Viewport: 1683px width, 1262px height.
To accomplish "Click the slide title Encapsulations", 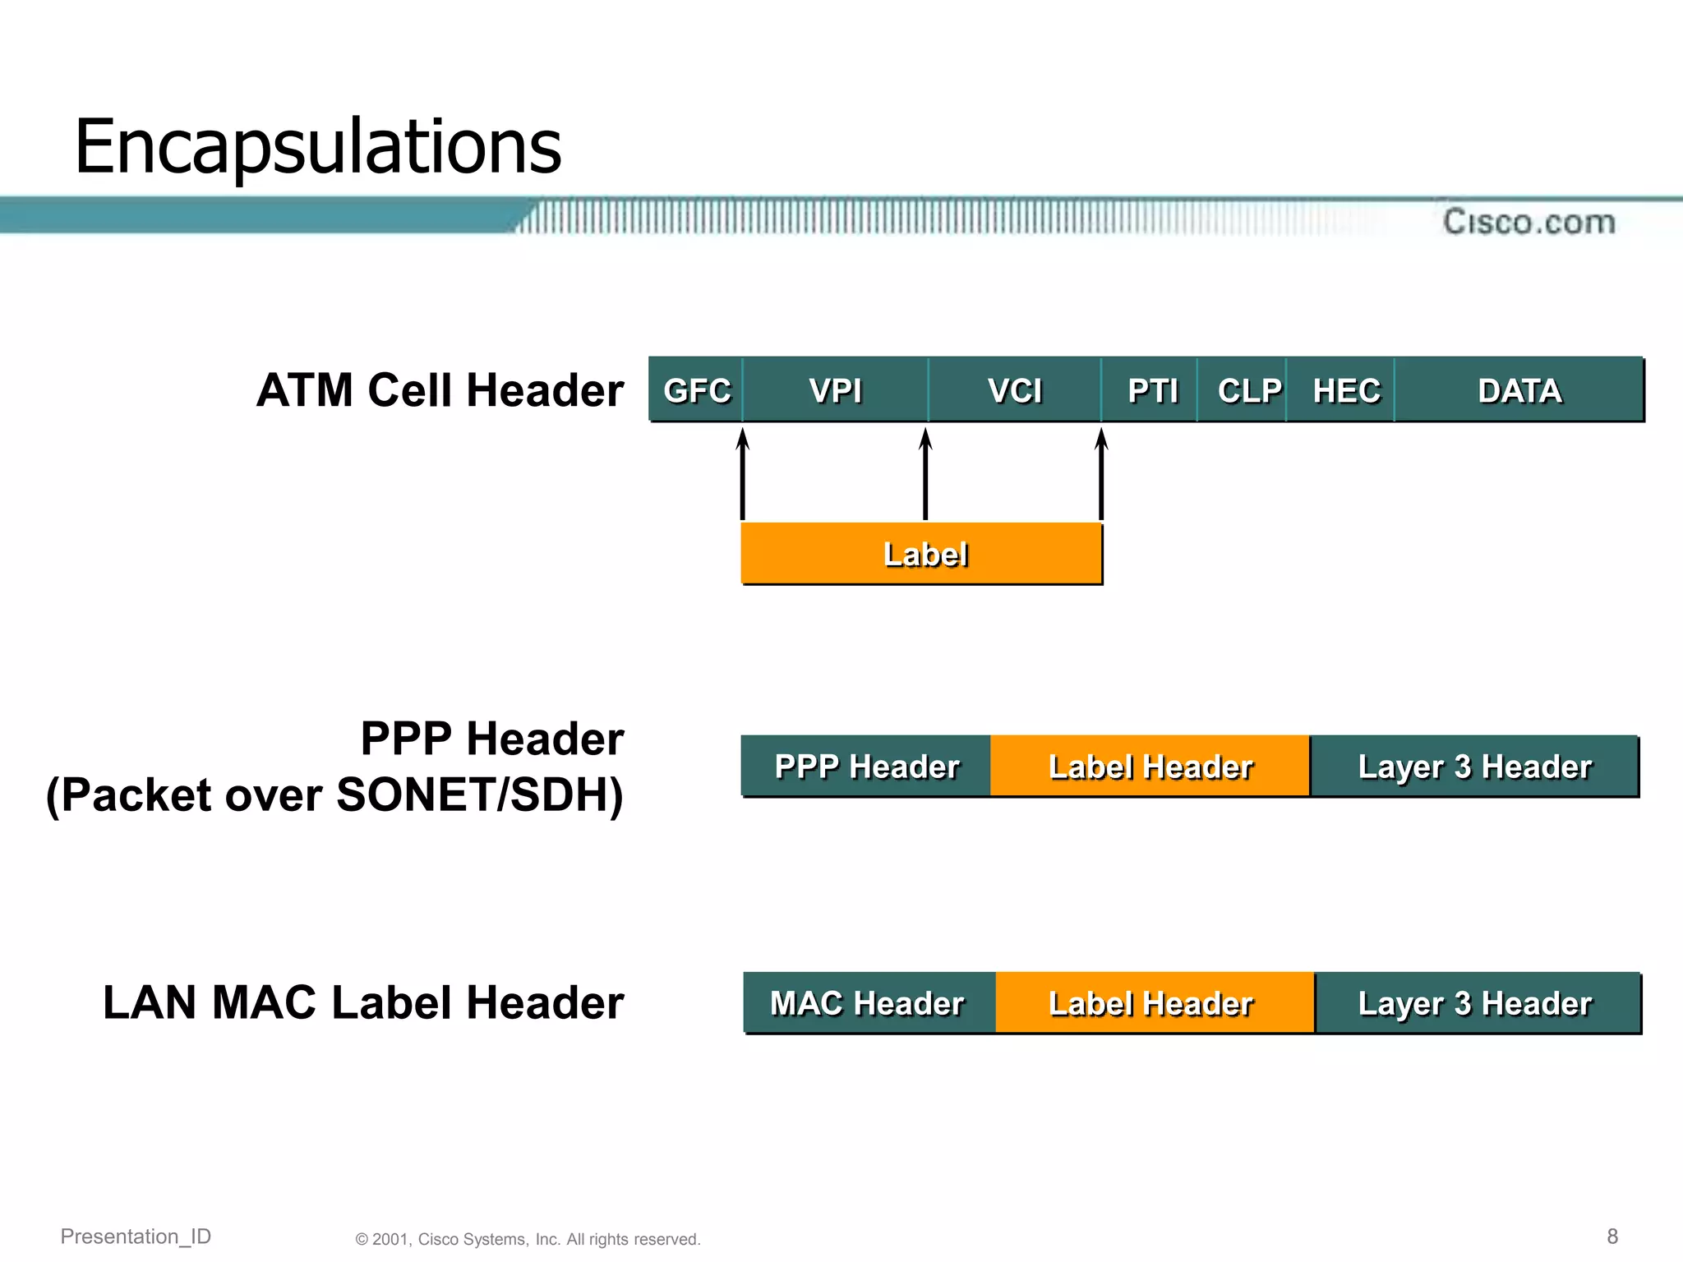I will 317,147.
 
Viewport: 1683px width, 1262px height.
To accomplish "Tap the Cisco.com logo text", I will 1529,222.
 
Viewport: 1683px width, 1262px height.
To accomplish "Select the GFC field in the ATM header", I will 696,390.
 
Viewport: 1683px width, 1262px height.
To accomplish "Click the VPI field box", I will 836,390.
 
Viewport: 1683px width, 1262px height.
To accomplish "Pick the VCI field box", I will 1015,390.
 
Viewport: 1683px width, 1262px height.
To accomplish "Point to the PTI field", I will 1151,390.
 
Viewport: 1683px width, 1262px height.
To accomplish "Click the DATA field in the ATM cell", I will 1519,390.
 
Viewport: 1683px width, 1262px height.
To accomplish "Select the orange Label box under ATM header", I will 921,554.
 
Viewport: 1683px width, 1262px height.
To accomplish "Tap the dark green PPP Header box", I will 866,766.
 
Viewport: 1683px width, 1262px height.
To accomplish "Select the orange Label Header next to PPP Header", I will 1150,766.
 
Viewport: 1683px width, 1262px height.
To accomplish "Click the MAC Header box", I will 868,1002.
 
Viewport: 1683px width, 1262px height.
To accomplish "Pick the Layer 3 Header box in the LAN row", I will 1476,1002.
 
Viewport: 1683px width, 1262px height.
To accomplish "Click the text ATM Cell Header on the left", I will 440,390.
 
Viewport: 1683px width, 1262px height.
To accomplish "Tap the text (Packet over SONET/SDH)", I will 335,795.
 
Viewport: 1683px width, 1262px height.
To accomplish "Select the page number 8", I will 1612,1236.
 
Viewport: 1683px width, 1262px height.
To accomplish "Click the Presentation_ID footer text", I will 136,1236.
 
